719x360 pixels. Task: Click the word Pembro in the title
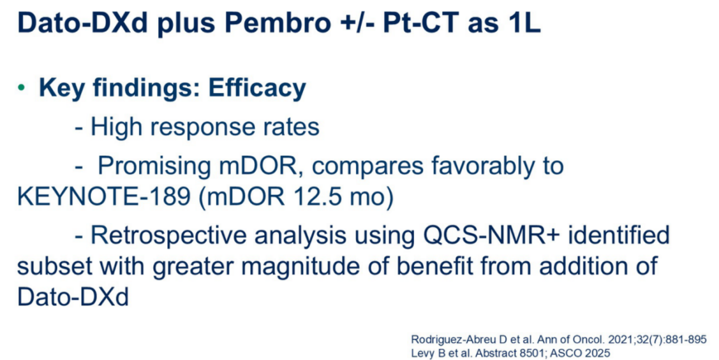278,23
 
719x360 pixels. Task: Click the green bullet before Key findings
22,87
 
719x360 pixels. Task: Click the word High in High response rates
116,127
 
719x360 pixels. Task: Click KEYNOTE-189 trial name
104,196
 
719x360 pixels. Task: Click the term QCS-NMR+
491,236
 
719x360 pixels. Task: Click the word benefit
435,266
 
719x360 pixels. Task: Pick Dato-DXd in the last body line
73,297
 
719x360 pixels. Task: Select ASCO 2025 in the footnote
580,353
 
